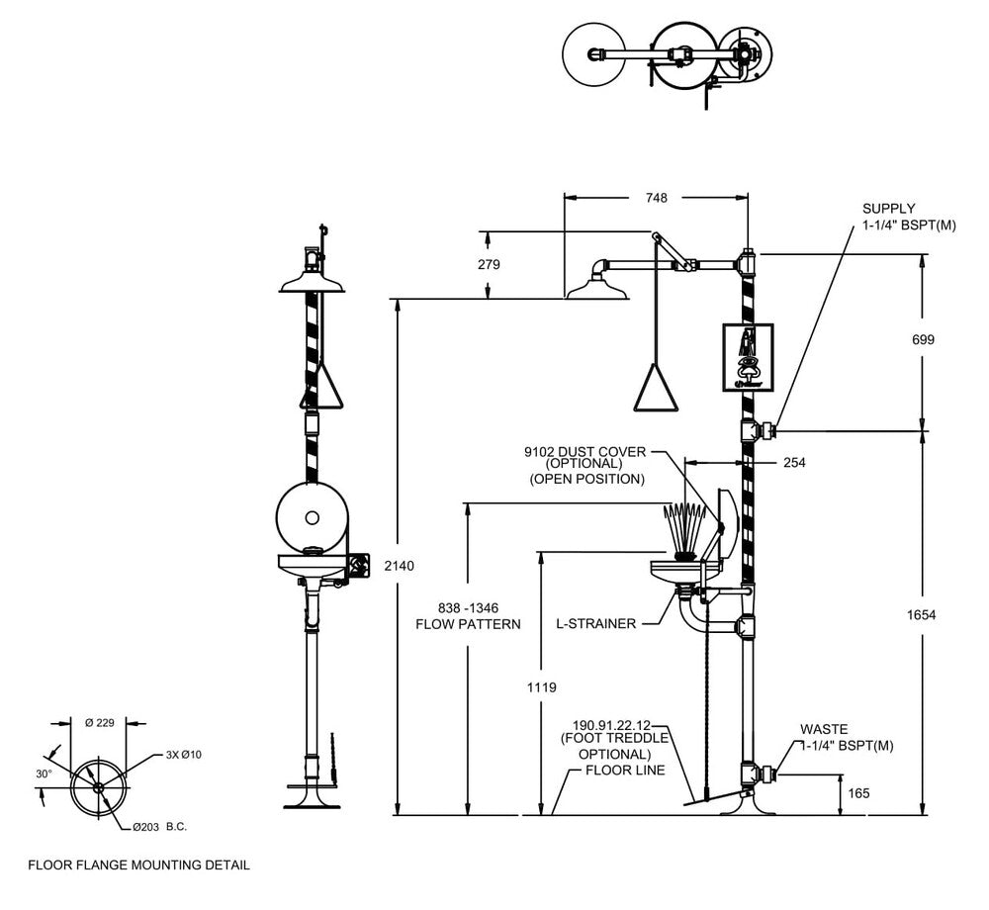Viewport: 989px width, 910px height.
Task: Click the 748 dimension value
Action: coord(655,198)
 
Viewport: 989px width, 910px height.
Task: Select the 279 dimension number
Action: coord(489,264)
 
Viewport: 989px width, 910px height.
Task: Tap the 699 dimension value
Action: coord(924,339)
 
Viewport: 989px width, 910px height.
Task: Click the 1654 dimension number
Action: coord(922,615)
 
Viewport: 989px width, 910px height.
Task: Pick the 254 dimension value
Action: coord(795,463)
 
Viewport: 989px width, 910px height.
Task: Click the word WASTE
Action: coord(824,729)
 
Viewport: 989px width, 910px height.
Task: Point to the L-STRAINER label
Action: coord(594,624)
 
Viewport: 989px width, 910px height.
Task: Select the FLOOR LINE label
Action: coord(625,770)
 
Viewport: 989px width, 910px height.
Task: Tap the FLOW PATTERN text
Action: coord(468,624)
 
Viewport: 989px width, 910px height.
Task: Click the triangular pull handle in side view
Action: coord(657,388)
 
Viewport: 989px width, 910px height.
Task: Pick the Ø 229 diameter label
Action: coord(101,723)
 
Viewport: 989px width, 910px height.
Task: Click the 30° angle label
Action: coord(45,774)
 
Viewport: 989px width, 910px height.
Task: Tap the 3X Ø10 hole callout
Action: coord(184,756)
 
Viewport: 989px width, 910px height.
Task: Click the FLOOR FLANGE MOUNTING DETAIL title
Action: coord(138,864)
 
